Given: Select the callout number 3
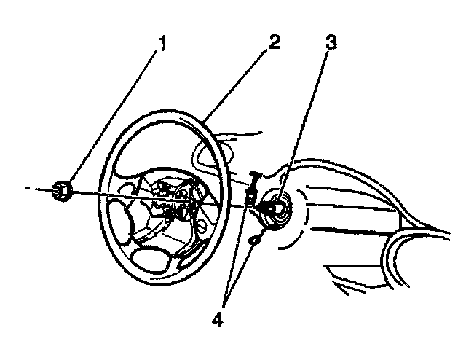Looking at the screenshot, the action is [331, 43].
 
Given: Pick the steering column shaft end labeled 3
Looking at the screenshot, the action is [276, 210].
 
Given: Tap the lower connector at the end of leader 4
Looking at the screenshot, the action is [253, 239].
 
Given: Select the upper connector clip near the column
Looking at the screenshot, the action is [251, 191].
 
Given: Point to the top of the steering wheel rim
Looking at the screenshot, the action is [175, 112].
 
